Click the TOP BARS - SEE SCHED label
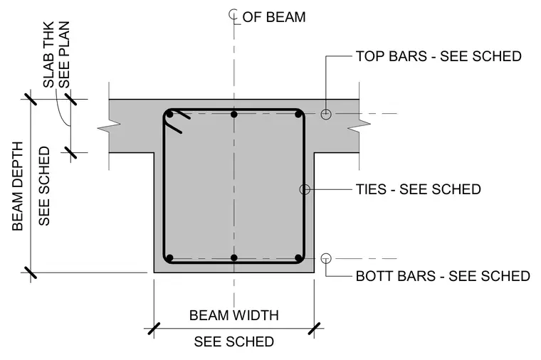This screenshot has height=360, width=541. coord(438,56)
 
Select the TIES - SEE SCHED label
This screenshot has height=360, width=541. coord(418,189)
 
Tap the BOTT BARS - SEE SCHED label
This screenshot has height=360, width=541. coord(443,276)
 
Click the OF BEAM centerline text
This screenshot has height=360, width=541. coord(274,17)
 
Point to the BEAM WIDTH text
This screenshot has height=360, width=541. coord(234,315)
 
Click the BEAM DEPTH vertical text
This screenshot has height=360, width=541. coord(17,186)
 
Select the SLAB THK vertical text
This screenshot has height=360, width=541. coord(48,55)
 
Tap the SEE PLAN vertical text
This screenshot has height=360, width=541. coord(64,55)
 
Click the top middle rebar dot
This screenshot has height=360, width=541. coord(234,114)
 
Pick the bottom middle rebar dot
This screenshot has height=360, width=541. coord(234,258)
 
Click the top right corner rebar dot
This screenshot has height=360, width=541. coord(298,114)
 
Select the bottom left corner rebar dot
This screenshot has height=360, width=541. coord(169,258)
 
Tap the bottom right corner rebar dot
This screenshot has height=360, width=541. coord(298,258)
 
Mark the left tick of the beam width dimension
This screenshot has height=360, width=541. coord(154,328)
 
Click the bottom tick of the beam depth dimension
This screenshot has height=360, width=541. coord(31,272)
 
